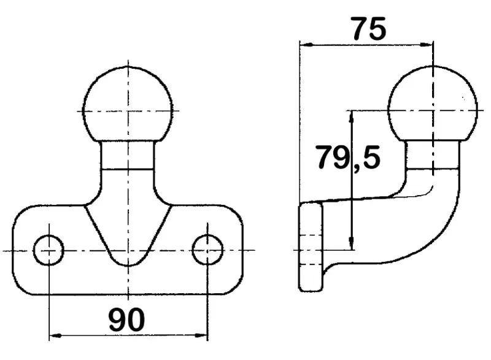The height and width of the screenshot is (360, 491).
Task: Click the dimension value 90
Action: [127, 319]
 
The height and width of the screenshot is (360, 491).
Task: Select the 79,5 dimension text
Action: [349, 158]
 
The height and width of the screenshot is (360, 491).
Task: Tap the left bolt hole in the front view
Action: [48, 250]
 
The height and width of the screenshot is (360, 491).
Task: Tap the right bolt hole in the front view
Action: [207, 250]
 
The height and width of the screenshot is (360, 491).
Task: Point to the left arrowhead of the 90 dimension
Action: [55, 335]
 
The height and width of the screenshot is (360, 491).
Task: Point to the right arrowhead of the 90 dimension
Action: [201, 335]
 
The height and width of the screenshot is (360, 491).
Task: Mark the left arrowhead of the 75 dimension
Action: [306, 45]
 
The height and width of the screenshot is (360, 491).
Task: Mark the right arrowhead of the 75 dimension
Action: [427, 45]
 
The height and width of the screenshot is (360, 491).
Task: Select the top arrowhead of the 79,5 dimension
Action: [352, 117]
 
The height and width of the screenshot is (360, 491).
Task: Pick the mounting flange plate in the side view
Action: [311, 247]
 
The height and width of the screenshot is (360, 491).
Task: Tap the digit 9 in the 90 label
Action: [117, 320]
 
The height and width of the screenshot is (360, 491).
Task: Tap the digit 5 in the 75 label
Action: [378, 29]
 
